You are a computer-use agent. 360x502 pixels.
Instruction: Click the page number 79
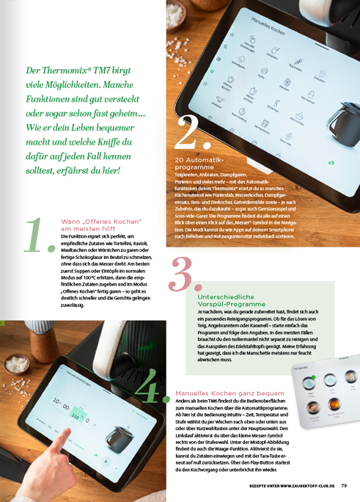click(344, 485)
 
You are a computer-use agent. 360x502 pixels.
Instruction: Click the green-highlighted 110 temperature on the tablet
click(75, 415)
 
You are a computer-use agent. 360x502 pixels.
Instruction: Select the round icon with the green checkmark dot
click(310, 380)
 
